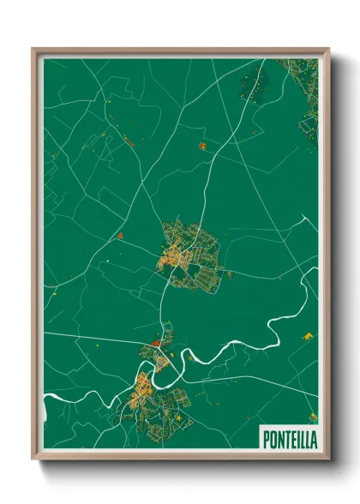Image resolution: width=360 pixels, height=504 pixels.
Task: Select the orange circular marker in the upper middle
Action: (x=203, y=146)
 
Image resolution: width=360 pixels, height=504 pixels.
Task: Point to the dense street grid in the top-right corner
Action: (x=306, y=94)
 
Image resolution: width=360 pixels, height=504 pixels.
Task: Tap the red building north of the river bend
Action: (x=155, y=342)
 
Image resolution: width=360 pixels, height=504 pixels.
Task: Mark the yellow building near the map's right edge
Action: (x=309, y=336)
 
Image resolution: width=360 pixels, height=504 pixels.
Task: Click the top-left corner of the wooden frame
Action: (x=33, y=50)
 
